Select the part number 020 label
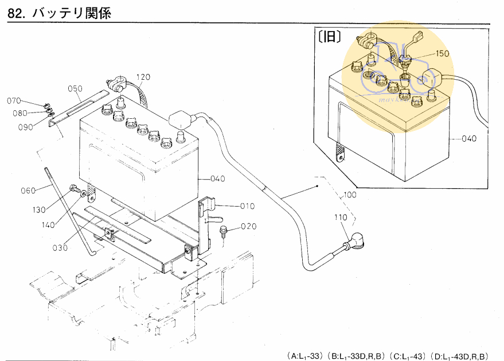point(249,226)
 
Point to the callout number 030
point(60,248)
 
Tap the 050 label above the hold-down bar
point(75,88)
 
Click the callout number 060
point(28,190)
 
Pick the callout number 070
point(14,101)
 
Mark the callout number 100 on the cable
point(350,195)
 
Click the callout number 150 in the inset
point(442,53)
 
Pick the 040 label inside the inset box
point(469,139)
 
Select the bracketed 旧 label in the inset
point(329,38)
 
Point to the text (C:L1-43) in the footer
point(409,356)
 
